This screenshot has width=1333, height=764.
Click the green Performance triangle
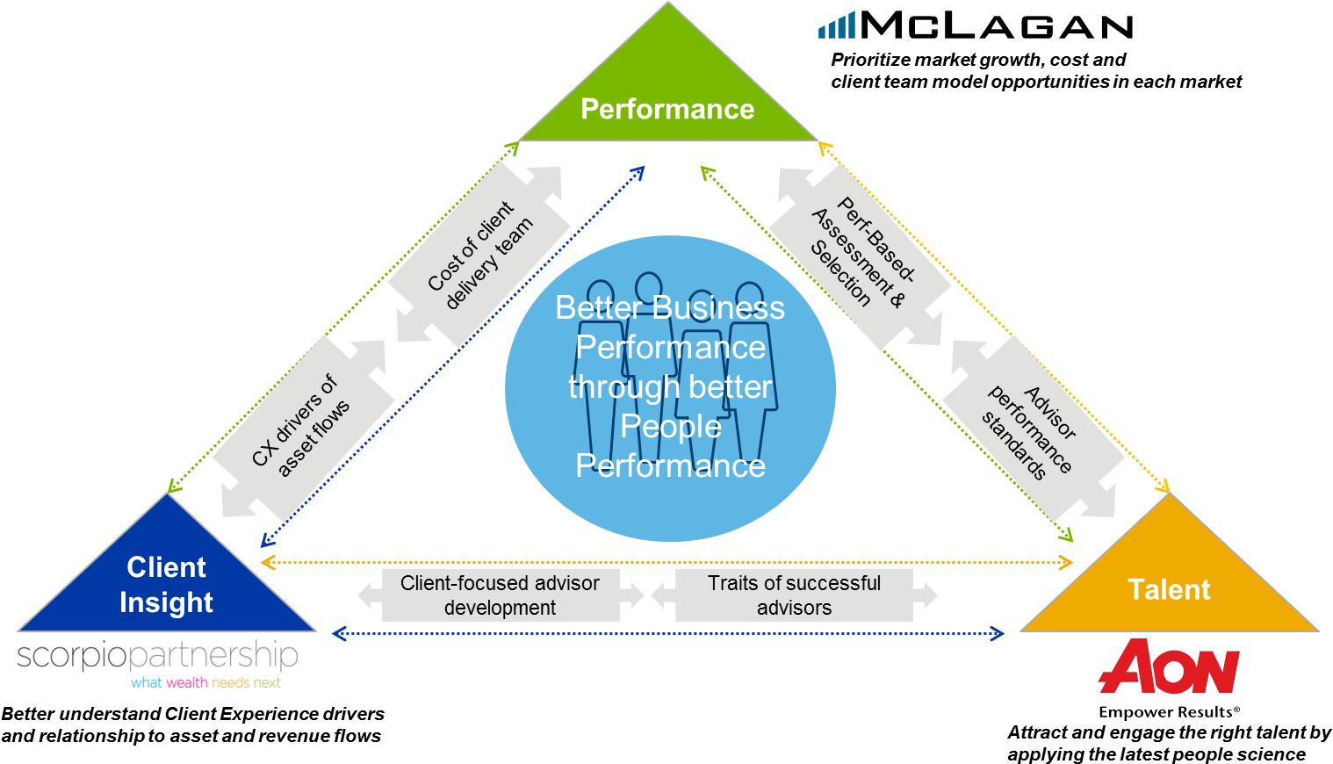click(x=667, y=97)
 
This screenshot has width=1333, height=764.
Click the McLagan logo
click(x=996, y=26)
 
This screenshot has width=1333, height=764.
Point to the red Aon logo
click(x=1169, y=667)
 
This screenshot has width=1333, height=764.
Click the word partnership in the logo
click(x=213, y=656)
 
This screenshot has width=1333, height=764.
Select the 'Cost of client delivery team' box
click(x=479, y=256)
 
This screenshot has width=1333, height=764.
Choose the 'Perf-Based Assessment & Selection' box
click(x=861, y=256)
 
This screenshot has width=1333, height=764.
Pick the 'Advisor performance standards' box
click(x=1033, y=429)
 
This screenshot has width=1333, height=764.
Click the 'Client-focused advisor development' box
click(x=501, y=595)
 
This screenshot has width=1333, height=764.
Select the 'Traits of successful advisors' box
click(x=794, y=595)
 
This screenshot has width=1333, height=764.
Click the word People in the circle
click(x=671, y=426)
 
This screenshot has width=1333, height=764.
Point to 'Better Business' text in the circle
click(x=670, y=308)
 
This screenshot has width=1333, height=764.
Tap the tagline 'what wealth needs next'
click(x=206, y=682)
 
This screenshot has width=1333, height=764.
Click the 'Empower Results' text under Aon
click(x=1169, y=711)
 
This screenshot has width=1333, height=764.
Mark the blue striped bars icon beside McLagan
click(x=836, y=26)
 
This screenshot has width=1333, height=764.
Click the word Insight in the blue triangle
click(x=166, y=603)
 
